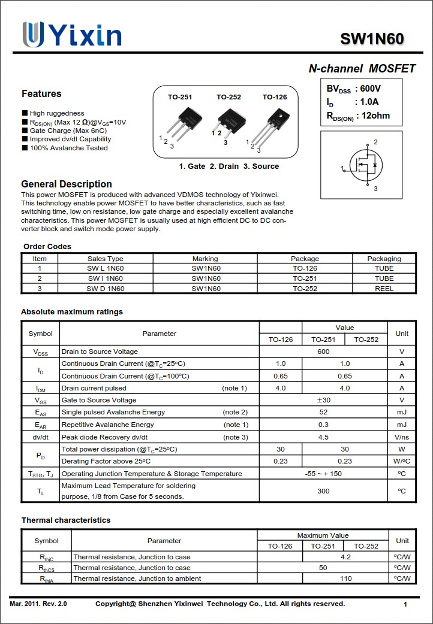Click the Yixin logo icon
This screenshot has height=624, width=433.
tap(33, 35)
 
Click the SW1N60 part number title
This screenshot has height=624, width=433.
tap(372, 39)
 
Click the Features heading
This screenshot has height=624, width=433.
tap(41, 93)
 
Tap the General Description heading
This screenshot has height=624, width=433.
tap(67, 184)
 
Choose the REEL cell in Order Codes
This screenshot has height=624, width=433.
tap(384, 289)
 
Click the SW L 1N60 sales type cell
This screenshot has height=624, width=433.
tap(105, 268)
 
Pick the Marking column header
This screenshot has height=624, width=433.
tap(205, 259)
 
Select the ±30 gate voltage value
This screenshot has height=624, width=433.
tap(323, 400)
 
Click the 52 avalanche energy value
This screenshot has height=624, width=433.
tap(323, 412)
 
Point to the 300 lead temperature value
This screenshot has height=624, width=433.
tap(323, 491)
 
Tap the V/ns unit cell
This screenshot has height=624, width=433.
tap(401, 437)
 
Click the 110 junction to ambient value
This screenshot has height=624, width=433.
tap(345, 578)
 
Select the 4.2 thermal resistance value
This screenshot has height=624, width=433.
tap(345, 557)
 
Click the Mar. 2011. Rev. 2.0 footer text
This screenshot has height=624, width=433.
tap(38, 604)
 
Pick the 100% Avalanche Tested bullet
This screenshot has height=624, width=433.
tap(68, 148)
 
